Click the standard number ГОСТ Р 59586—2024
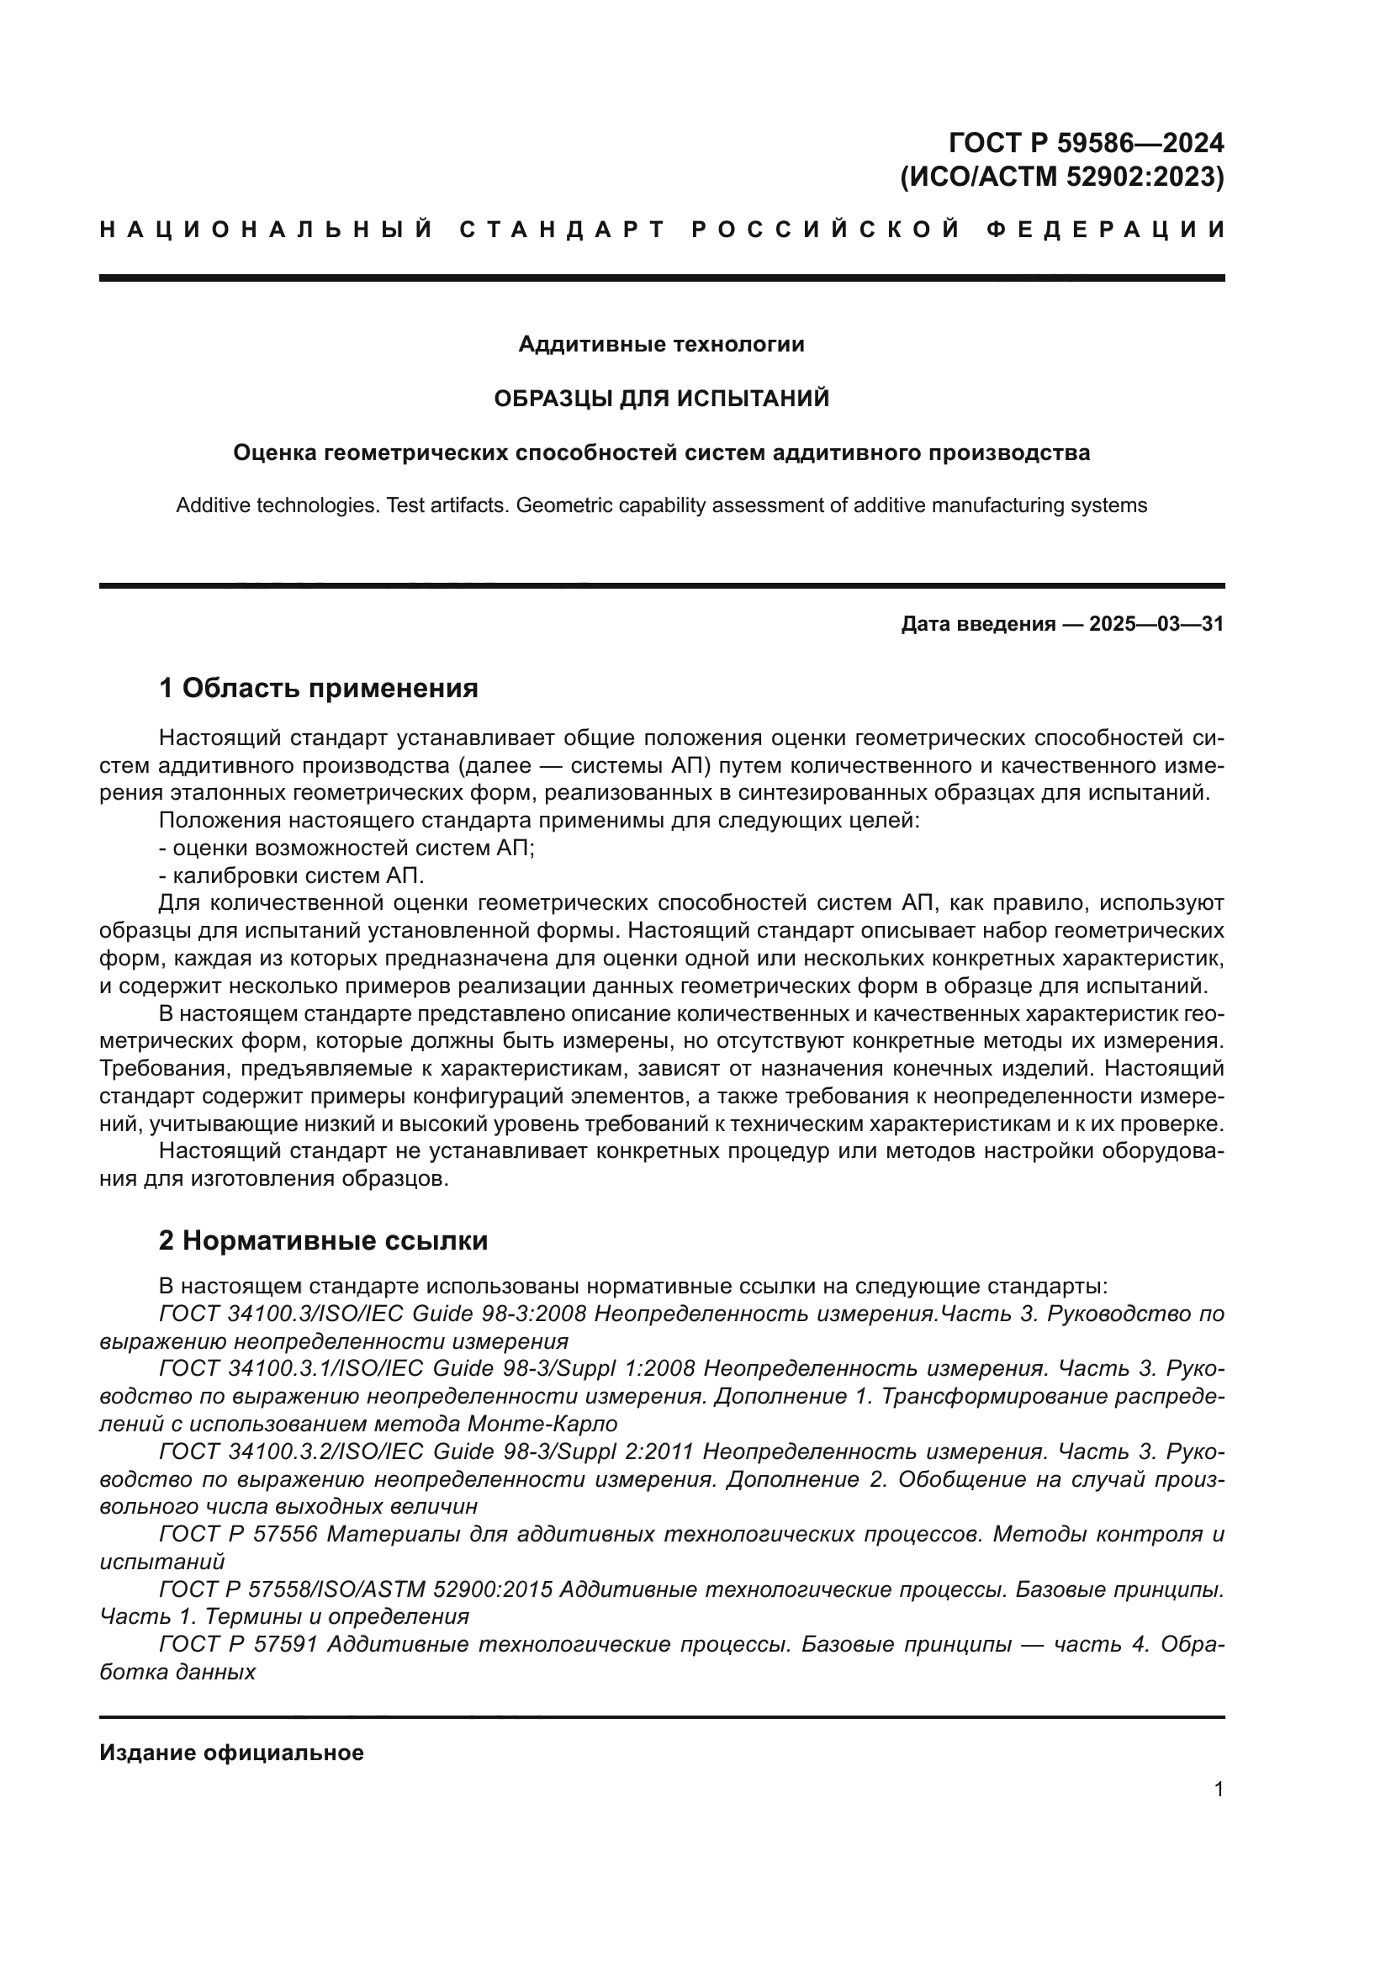pyautogui.click(x=1086, y=141)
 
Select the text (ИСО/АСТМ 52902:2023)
pyautogui.click(x=1061, y=177)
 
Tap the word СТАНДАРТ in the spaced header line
pyautogui.click(x=562, y=230)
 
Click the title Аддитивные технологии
pyautogui.click(x=661, y=345)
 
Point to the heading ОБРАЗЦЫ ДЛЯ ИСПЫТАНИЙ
pyautogui.click(x=661, y=399)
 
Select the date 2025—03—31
pyautogui.click(x=1156, y=624)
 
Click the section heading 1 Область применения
pyautogui.click(x=318, y=688)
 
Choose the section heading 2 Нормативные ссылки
pyautogui.click(x=323, y=1241)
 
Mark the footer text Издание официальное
pyautogui.click(x=231, y=1753)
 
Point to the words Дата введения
pyautogui.click(x=977, y=624)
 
